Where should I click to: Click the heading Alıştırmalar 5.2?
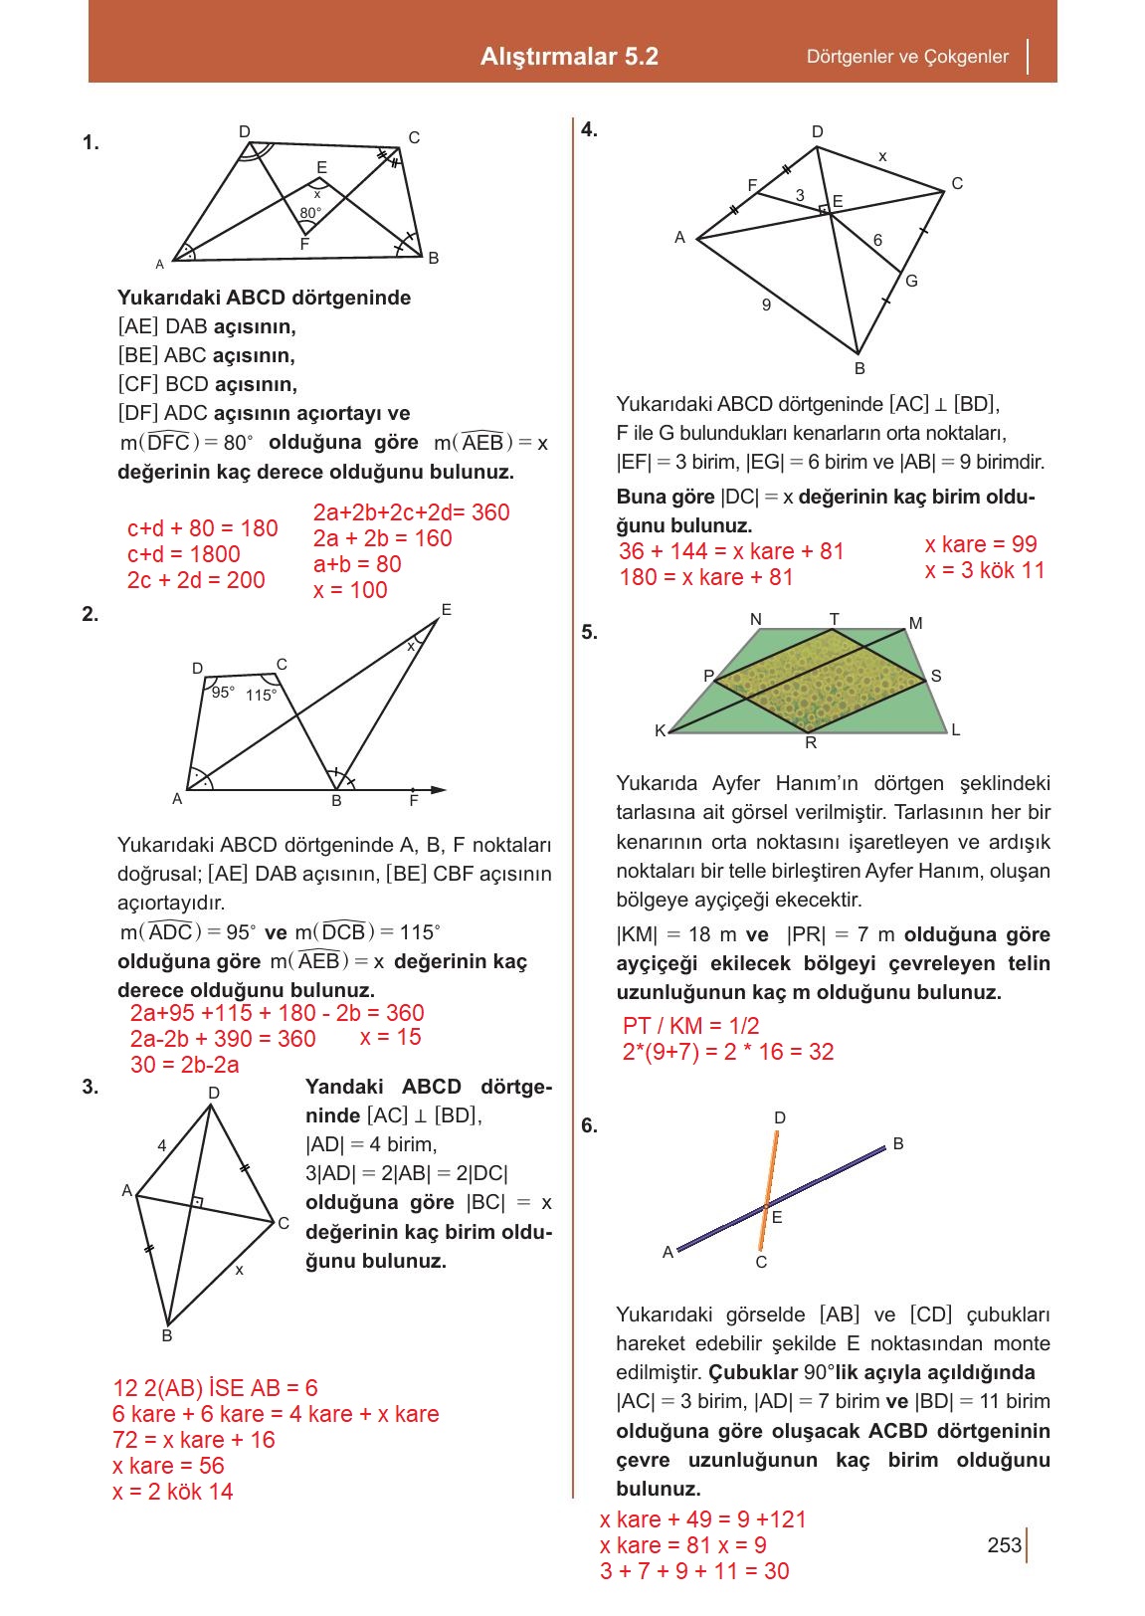569,56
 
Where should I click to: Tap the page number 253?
1004,1545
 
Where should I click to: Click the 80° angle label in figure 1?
310,213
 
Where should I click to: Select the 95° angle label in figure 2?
223,692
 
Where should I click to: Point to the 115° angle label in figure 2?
261,696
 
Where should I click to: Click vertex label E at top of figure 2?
446,609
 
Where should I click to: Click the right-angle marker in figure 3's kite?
198,1202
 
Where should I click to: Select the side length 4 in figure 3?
162,1145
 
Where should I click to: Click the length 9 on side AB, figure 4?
766,305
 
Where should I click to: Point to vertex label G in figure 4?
911,282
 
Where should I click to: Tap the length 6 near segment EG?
877,240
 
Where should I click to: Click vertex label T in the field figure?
834,619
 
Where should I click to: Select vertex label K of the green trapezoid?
660,730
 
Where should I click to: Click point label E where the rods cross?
777,1217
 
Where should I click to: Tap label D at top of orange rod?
780,1117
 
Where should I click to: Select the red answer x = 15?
390,1037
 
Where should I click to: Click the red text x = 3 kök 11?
984,570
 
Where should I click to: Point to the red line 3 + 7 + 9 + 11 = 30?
693,1571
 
